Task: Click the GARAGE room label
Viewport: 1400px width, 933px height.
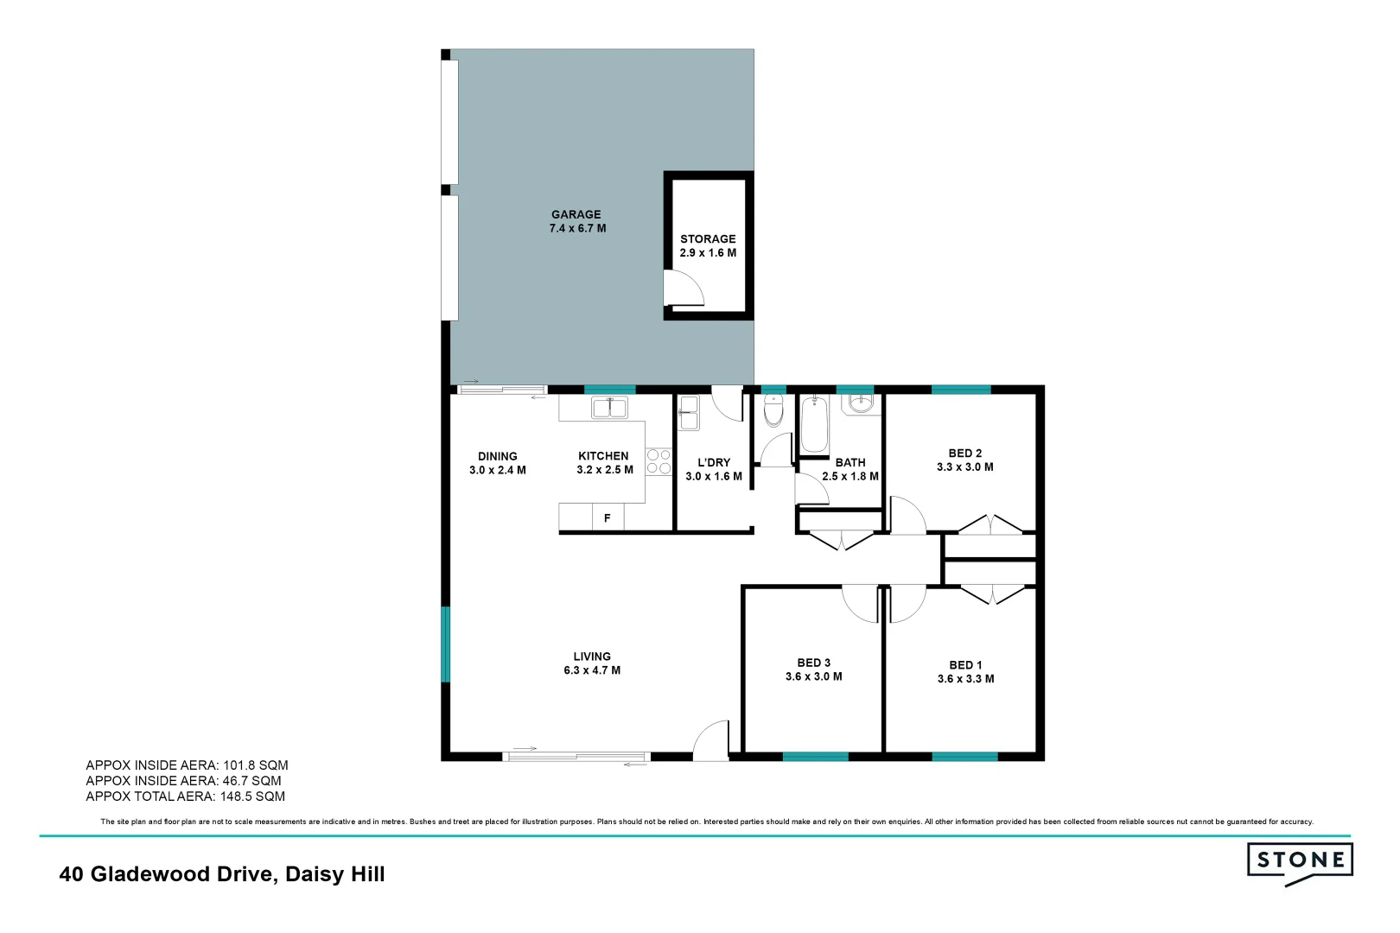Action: coord(576,215)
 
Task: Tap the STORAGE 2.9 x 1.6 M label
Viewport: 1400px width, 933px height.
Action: coord(708,246)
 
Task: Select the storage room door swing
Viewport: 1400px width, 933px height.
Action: coord(683,289)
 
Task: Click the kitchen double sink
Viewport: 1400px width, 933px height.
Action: coord(609,407)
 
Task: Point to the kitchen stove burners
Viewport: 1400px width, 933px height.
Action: coord(659,461)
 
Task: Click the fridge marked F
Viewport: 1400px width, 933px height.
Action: coord(608,517)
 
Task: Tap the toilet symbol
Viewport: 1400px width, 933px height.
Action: coord(773,411)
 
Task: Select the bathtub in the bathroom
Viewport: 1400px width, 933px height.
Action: coord(814,424)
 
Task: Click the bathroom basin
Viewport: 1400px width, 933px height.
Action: coord(861,403)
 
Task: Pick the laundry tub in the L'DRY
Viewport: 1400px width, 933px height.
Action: coord(689,412)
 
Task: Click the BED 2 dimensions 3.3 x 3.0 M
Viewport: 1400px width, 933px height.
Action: coord(965,467)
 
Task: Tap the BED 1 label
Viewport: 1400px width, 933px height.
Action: coord(965,665)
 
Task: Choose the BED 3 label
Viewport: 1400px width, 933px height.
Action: coord(813,663)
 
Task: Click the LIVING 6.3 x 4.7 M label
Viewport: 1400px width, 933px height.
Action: coord(592,663)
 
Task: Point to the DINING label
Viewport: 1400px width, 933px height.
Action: coord(498,456)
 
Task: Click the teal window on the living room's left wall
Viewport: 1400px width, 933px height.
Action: coord(446,644)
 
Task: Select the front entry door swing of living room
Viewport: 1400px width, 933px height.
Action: coord(711,741)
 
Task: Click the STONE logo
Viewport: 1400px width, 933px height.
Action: coord(1300,861)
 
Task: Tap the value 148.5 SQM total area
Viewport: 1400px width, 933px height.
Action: coord(252,797)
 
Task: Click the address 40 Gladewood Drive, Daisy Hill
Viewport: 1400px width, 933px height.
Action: coord(222,874)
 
